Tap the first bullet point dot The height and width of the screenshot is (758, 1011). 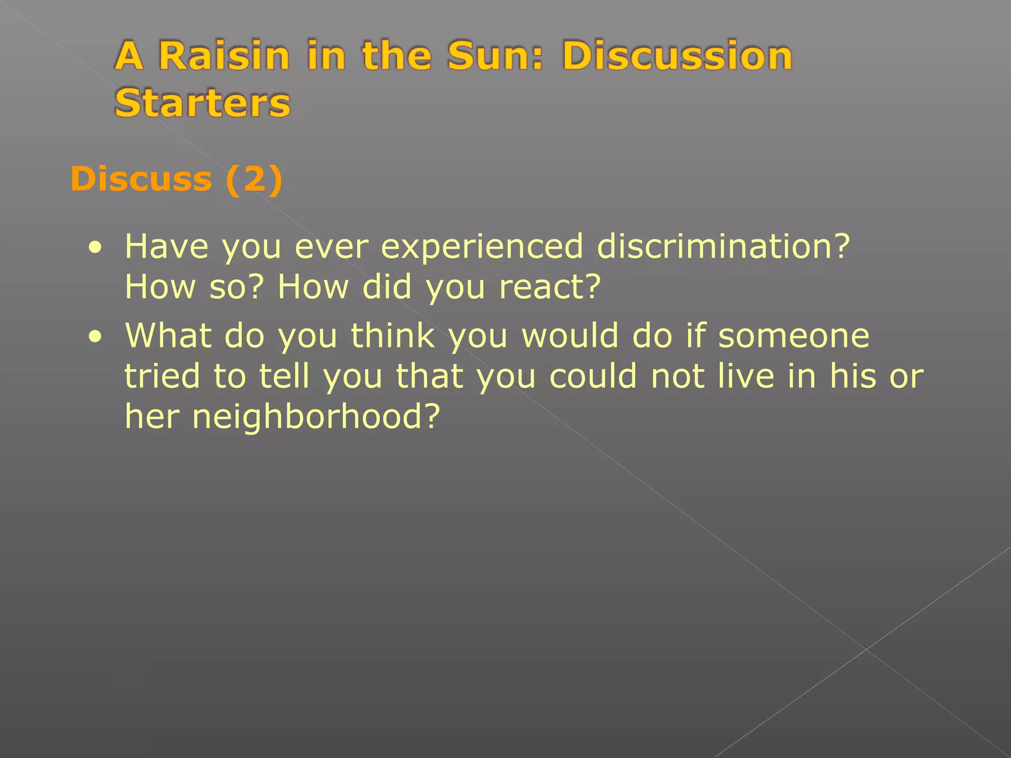95,247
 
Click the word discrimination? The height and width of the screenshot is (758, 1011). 723,246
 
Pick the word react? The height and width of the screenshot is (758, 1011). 550,287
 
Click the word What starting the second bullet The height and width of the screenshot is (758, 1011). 168,336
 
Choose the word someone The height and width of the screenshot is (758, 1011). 793,336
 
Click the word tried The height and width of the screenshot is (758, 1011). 162,376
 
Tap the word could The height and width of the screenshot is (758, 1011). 592,376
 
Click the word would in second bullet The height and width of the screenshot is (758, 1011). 570,336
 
